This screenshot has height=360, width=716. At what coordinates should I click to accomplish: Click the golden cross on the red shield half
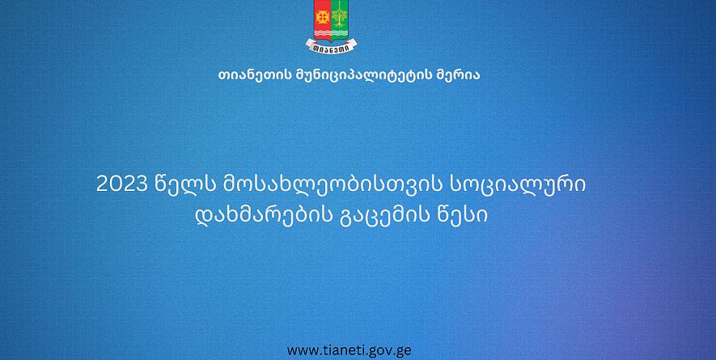click(323, 17)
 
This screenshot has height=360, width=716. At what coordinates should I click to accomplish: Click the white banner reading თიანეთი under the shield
click(331, 45)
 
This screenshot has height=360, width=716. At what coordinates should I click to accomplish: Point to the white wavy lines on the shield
click(331, 33)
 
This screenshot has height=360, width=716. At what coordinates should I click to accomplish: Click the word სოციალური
click(519, 185)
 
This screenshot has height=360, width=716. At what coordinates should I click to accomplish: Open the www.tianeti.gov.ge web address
click(350, 350)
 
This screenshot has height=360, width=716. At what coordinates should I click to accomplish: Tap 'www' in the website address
click(302, 351)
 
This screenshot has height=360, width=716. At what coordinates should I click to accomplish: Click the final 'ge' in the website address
click(403, 352)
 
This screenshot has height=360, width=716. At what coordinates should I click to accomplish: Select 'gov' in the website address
click(379, 352)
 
